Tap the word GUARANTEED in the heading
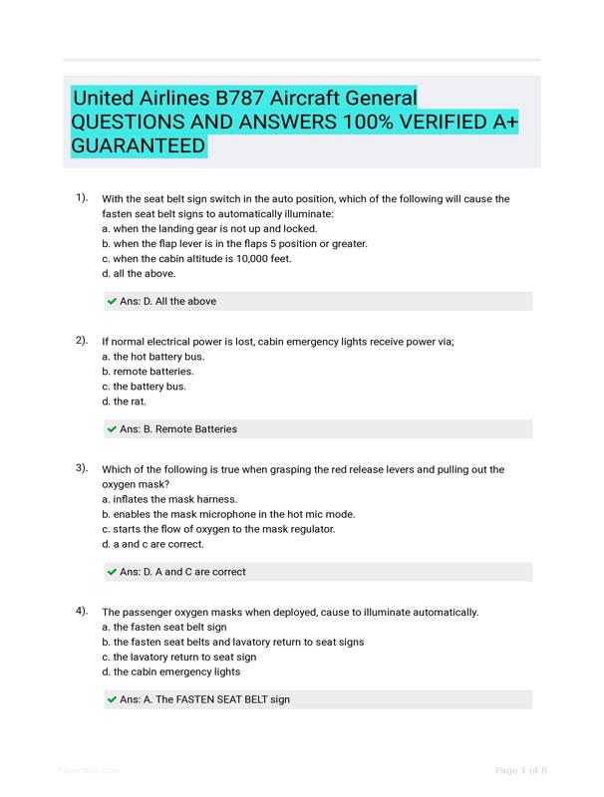139,146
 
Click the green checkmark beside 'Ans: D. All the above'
112,301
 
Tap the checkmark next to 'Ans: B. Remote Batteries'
112,429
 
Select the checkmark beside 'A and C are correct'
112,572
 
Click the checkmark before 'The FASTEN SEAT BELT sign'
112,700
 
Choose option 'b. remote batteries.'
148,371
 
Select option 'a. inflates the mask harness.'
169,499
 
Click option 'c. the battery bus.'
144,386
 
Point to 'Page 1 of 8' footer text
520,770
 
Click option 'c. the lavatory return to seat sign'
178,657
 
